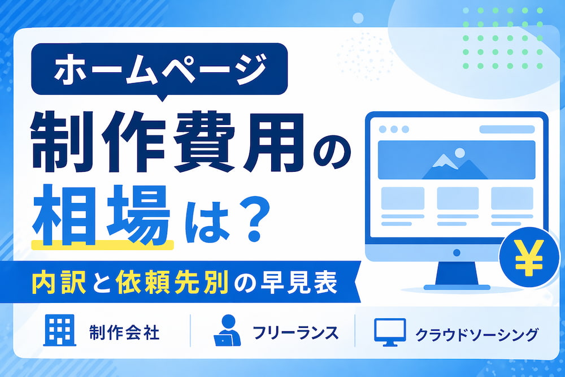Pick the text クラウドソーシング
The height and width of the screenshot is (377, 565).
click(x=476, y=333)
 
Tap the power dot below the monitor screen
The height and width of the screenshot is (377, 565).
click(x=457, y=252)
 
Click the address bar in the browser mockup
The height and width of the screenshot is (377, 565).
click(x=506, y=129)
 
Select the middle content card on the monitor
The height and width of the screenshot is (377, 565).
click(x=458, y=198)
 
